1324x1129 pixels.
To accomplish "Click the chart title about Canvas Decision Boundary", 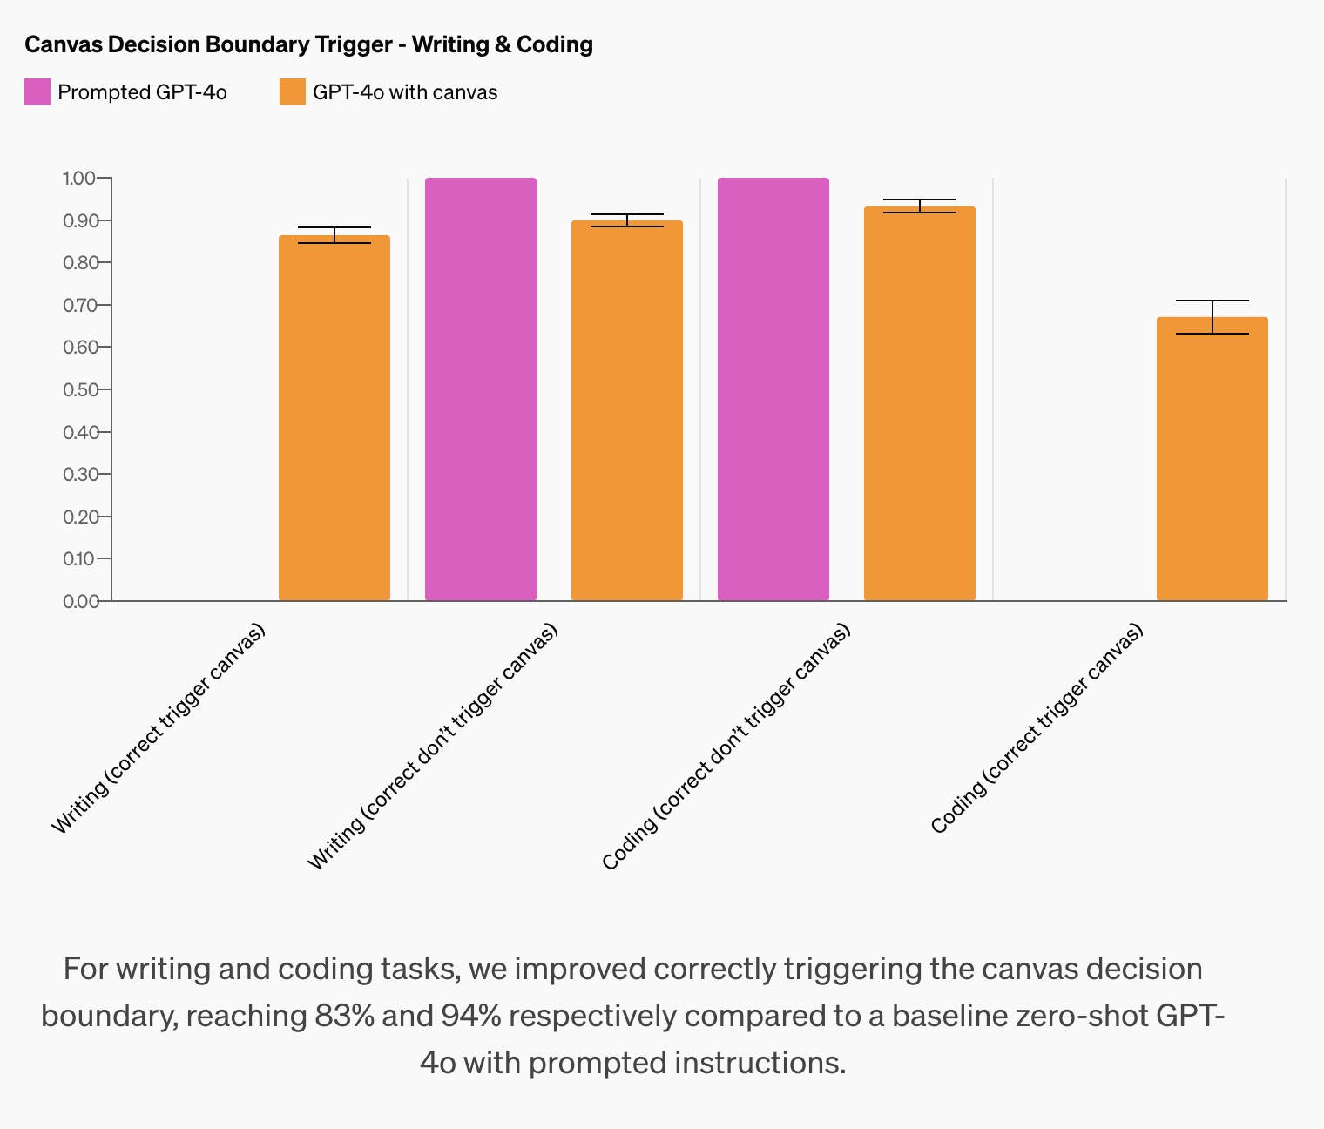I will (308, 44).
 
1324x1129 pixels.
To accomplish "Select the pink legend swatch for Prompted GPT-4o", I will (37, 91).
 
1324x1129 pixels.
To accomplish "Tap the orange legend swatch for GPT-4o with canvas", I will (293, 91).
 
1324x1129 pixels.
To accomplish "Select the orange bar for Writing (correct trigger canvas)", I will (334, 418).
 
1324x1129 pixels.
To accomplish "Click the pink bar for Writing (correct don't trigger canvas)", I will (481, 389).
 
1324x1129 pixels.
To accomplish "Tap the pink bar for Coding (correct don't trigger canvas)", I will (773, 389).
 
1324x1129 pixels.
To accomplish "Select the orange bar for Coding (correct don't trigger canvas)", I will (920, 404).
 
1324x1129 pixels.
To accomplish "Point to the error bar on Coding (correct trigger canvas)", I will (1213, 316).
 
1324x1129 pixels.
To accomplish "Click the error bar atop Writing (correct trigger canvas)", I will (334, 234).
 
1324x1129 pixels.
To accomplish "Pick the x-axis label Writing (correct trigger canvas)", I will (159, 729).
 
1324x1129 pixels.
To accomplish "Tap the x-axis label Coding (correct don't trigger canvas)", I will (726, 747).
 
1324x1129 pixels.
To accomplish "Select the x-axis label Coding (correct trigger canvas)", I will (1037, 729).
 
